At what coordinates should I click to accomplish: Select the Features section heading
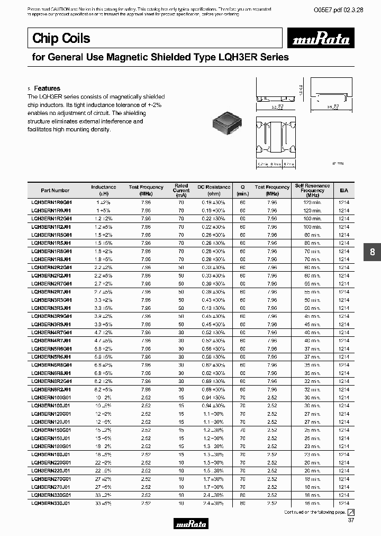(47, 88)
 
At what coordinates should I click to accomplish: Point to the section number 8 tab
(372, 253)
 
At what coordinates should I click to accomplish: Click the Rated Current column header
(182, 189)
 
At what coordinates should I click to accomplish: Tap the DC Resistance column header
(214, 189)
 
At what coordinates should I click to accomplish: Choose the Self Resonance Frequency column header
(312, 189)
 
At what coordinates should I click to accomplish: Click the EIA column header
(344, 190)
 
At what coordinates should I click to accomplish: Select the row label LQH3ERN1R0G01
(51, 202)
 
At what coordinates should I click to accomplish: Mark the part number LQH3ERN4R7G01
(51, 333)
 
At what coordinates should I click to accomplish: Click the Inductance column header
(104, 189)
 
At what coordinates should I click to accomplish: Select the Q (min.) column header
(243, 189)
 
